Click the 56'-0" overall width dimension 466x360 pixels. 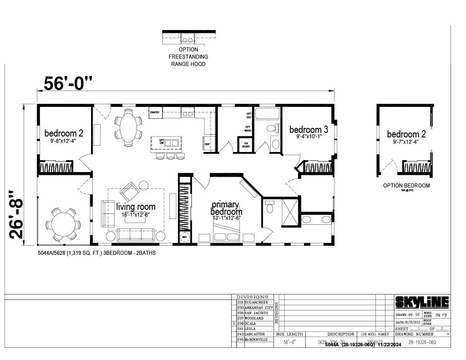[x=68, y=83]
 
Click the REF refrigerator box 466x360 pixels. [x=208, y=144]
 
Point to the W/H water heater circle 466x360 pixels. [x=185, y=238]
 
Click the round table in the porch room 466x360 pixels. [x=61, y=223]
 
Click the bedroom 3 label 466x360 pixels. [x=309, y=130]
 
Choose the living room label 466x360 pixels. [x=136, y=207]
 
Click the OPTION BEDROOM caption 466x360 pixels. [x=406, y=186]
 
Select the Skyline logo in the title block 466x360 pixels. [x=421, y=302]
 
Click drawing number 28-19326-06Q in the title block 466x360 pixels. [x=423, y=341]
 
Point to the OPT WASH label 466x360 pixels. [x=248, y=128]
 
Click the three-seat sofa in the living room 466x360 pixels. [x=137, y=235]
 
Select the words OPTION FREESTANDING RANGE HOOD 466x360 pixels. [x=188, y=56]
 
